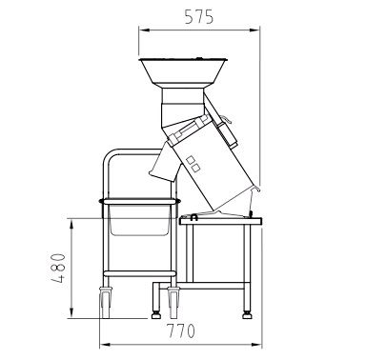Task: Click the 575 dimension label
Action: pyautogui.click(x=199, y=17)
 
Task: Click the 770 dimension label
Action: pyautogui.click(x=180, y=330)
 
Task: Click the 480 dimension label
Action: pyautogui.click(x=58, y=268)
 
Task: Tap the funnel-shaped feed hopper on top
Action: pyautogui.click(x=183, y=71)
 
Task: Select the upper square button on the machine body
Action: pyautogui.click(x=191, y=160)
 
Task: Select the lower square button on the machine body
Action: pyautogui.click(x=196, y=168)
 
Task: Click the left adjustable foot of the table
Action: pyautogui.click(x=155, y=315)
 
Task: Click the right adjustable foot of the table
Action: pyautogui.click(x=247, y=315)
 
